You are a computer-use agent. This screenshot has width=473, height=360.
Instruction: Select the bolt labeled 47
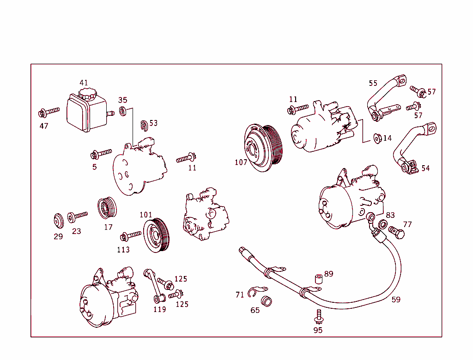coord(49,111)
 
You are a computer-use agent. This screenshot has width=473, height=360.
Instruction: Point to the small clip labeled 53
coord(144,124)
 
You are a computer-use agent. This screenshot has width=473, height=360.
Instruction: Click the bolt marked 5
coord(102,153)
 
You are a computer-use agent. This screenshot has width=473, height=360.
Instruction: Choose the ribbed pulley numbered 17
coord(107,209)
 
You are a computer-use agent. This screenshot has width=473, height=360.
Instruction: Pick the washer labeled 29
coord(58,221)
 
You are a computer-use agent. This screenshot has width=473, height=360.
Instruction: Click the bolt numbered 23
coord(78,216)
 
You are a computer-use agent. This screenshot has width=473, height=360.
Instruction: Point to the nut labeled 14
coord(376,138)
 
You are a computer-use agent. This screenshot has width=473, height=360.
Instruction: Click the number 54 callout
coord(425,168)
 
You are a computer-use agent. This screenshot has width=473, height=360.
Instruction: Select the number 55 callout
coord(373,84)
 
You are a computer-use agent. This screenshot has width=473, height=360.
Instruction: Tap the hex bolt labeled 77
coord(396,232)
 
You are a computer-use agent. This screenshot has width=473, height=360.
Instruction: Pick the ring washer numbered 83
coord(383,225)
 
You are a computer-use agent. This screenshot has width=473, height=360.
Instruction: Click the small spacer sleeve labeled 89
coord(317,279)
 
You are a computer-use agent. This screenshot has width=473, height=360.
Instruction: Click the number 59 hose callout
coord(396,300)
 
